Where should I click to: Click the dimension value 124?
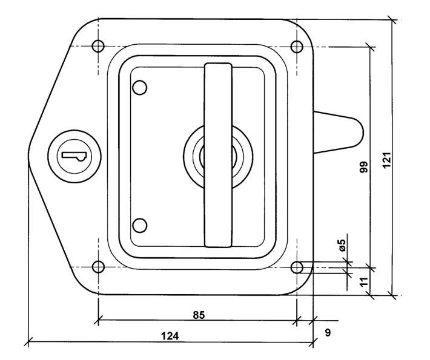click(x=170, y=336)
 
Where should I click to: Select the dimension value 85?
click(x=199, y=315)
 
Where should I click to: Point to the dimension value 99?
click(x=364, y=167)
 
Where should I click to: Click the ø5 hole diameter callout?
click(x=343, y=245)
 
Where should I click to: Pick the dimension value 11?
click(x=364, y=281)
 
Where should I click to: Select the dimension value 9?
click(x=328, y=333)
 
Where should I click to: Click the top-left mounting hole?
click(x=98, y=46)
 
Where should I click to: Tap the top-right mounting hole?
click(x=297, y=47)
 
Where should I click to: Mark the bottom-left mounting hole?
click(x=98, y=267)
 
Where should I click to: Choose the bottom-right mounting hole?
click(x=297, y=267)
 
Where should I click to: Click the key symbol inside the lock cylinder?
click(x=75, y=156)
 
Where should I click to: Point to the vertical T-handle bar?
click(x=218, y=155)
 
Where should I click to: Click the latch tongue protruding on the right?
click(x=339, y=133)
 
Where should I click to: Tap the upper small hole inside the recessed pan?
click(x=139, y=88)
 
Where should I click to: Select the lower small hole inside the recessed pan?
click(x=139, y=226)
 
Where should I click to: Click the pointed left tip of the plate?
click(x=28, y=156)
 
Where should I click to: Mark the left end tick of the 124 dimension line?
click(x=28, y=342)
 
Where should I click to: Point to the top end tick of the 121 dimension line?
click(x=392, y=20)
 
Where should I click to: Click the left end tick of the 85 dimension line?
click(x=98, y=319)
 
